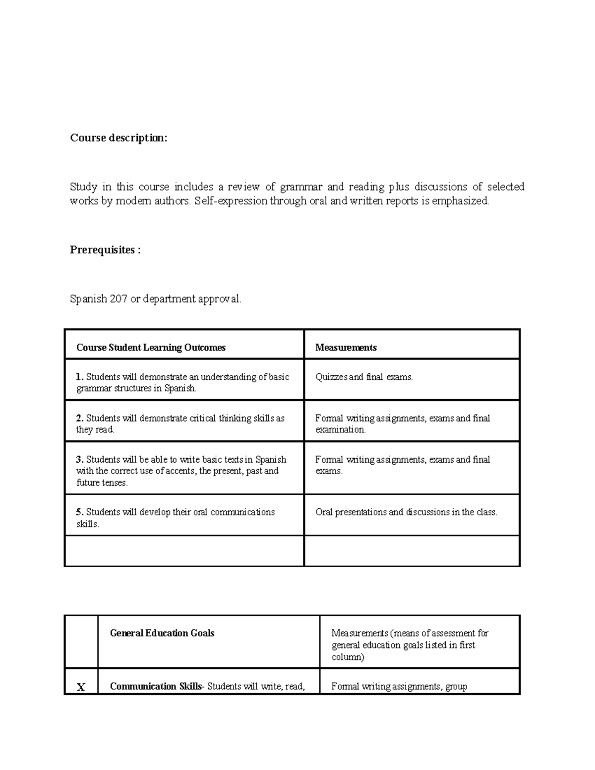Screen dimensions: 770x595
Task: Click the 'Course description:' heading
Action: pyautogui.click(x=119, y=138)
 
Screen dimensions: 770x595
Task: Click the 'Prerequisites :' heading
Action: pyautogui.click(x=105, y=250)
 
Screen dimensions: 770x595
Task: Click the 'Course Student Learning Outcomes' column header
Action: pyautogui.click(x=151, y=348)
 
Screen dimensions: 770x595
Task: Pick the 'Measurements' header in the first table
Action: pyautogui.click(x=346, y=348)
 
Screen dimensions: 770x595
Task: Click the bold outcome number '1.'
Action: pyautogui.click(x=80, y=377)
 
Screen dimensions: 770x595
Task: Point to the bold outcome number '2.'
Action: pyautogui.click(x=80, y=418)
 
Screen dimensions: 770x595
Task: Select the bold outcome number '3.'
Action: pyautogui.click(x=80, y=460)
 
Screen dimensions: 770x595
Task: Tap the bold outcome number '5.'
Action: pyautogui.click(x=80, y=512)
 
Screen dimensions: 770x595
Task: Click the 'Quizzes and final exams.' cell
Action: pyautogui.click(x=364, y=377)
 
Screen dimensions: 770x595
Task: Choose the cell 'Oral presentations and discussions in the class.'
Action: pyautogui.click(x=406, y=512)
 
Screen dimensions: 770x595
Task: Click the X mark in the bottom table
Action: pyautogui.click(x=81, y=687)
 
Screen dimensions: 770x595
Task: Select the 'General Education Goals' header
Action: pyautogui.click(x=162, y=633)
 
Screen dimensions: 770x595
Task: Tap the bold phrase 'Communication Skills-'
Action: pyautogui.click(x=157, y=687)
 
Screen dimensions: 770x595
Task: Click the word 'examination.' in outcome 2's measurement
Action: pyautogui.click(x=341, y=430)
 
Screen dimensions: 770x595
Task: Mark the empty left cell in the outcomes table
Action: pyautogui.click(x=184, y=551)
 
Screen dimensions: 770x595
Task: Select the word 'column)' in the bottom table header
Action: pyautogui.click(x=348, y=657)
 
